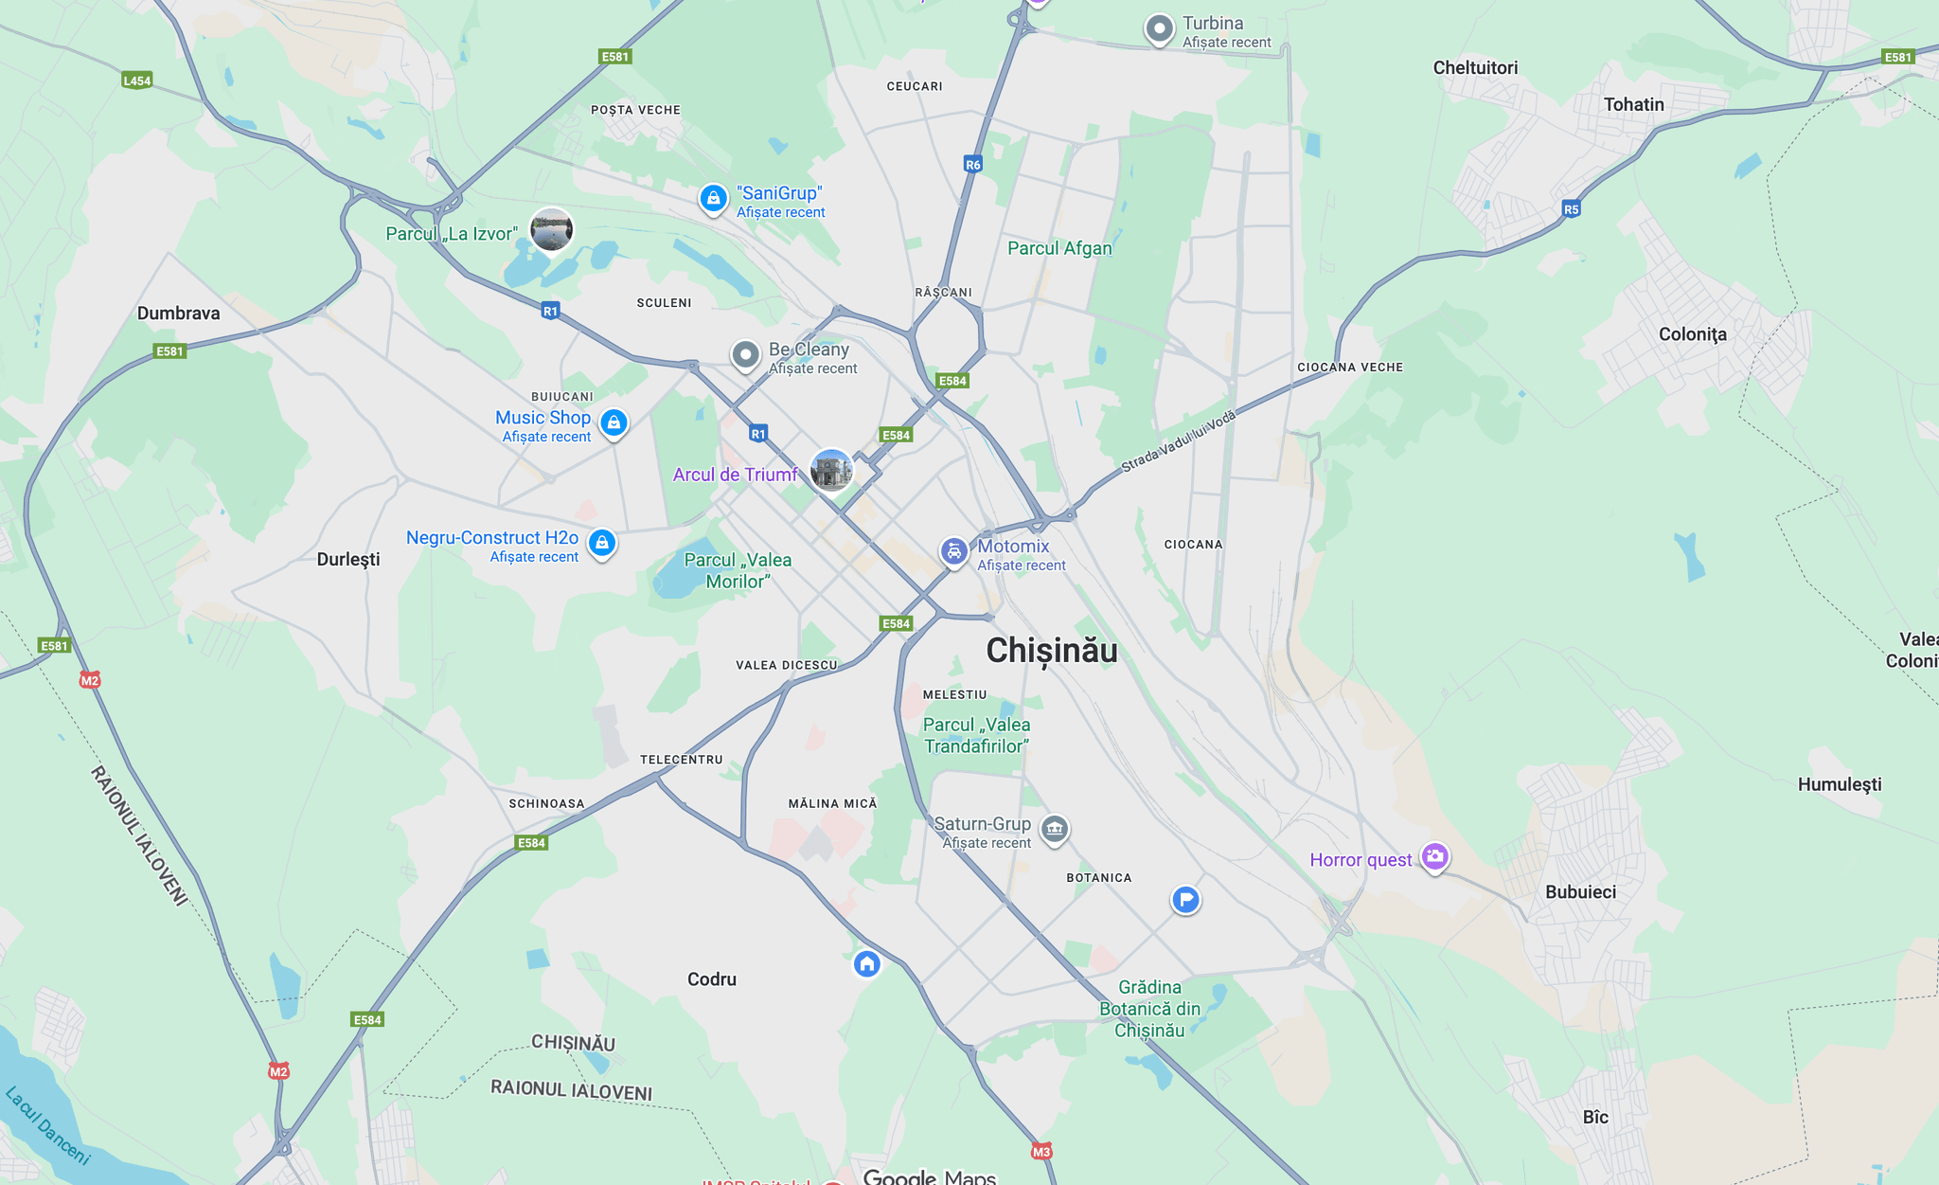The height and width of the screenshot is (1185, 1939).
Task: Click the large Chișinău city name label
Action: pos(1051,651)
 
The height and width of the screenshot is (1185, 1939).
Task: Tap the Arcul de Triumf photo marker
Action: pos(831,470)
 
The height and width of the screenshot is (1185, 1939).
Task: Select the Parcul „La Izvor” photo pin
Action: pos(551,230)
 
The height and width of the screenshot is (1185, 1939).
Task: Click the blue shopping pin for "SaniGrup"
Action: pos(713,199)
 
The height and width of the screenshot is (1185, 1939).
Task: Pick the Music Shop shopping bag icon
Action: pos(614,422)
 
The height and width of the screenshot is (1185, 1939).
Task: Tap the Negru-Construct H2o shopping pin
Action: pos(602,543)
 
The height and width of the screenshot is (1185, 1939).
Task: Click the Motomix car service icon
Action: pos(953,550)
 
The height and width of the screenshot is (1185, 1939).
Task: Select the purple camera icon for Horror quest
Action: pos(1434,857)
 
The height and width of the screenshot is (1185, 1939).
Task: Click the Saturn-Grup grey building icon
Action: pos(1054,830)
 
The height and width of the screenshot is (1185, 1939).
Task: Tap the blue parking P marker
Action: pos(1185,899)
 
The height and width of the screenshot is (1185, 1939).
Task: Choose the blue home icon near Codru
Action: pos(866,964)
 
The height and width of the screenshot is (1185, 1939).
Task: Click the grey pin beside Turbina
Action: pos(1159,29)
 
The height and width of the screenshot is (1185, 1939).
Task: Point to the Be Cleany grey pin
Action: pos(746,355)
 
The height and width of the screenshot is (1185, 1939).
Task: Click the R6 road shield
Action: pos(972,165)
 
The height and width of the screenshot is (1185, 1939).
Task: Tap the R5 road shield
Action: pos(1571,209)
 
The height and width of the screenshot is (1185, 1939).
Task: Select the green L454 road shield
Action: pos(137,81)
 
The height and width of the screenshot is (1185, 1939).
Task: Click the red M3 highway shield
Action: pos(1041,1152)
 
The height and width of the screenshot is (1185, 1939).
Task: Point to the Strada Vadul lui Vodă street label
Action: pos(1179,441)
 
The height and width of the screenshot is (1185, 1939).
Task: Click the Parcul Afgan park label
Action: pos(1059,248)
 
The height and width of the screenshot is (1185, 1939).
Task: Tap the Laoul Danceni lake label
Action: pos(48,1125)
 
